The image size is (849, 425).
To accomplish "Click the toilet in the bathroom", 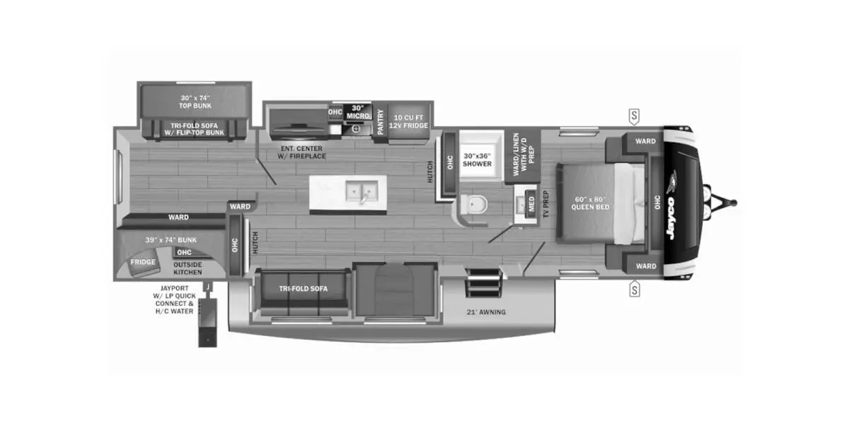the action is point(473,205).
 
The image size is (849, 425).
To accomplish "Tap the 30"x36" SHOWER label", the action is point(477,160).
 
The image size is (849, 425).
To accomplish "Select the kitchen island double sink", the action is point(362,191).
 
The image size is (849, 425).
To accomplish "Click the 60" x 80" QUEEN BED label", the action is point(590,203).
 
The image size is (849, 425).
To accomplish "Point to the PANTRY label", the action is point(381,122).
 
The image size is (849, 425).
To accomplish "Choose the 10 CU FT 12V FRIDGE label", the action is point(408,121).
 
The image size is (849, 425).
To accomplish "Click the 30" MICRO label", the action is point(358,113).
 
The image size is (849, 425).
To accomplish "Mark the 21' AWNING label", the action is point(486,312).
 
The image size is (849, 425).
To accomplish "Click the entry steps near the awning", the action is point(484,283).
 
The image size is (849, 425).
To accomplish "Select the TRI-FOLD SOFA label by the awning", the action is point(304,289).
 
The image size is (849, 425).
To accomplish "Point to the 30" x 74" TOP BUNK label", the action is point(195,102).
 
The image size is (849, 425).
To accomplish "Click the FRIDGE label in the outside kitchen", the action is point(143,262).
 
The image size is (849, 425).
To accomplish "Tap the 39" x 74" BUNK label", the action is point(171,240).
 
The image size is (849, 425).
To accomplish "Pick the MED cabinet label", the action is point(531,204).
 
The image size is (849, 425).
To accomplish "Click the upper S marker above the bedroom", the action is point(634,116).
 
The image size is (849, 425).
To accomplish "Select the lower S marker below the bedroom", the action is point(634,289).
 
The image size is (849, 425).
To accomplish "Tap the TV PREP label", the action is point(545,204).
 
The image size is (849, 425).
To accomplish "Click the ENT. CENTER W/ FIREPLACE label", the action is point(301,152).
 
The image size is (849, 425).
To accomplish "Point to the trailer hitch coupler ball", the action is point(734,203).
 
